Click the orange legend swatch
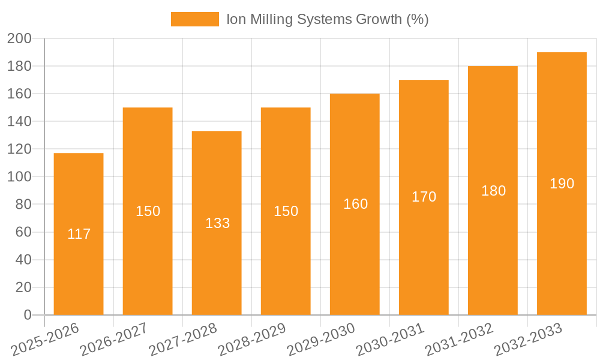point(194,19)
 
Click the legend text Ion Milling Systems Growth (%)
point(327,19)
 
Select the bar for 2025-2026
point(79,234)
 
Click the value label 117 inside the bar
point(79,234)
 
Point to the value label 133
point(217,223)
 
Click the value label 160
point(355,204)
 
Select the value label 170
point(424,197)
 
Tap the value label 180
point(493,191)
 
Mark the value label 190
point(562,184)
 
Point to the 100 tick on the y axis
point(19,177)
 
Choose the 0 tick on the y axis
point(27,315)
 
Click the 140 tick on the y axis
point(19,121)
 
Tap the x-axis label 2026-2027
point(114,340)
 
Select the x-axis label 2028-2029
point(252,340)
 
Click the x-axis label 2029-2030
point(321,340)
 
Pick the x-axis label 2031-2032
point(459,340)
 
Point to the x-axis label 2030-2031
point(390,340)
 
